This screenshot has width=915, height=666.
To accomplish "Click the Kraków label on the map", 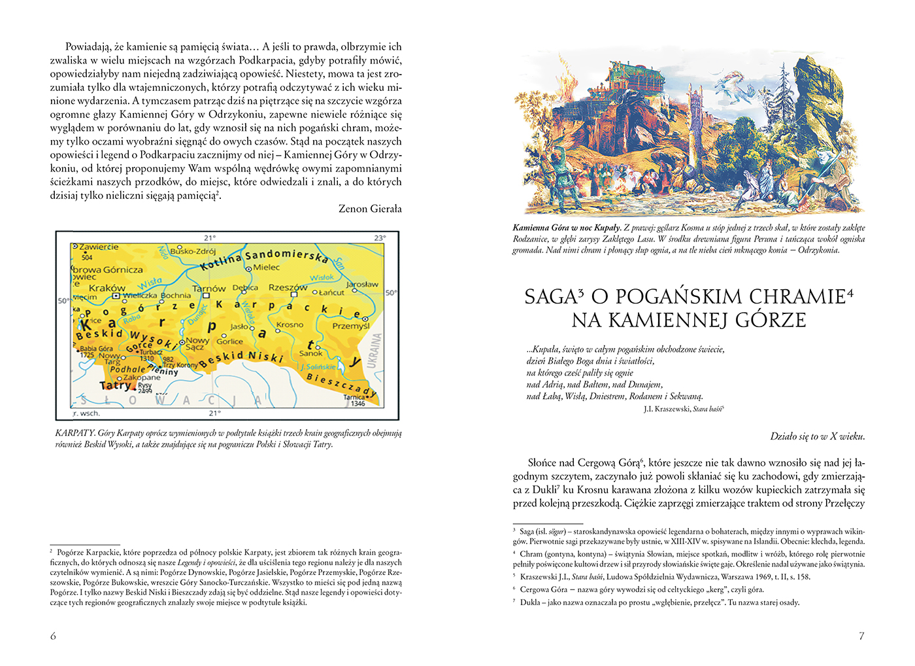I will click(107, 288).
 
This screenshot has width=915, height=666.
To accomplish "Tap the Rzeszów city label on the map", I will click(288, 287).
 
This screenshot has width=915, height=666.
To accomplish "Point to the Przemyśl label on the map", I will click(351, 325).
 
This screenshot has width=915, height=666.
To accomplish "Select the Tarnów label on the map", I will click(208, 289).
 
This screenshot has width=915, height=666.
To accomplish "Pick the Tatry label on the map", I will click(115, 386).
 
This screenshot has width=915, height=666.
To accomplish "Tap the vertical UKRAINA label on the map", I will click(376, 351).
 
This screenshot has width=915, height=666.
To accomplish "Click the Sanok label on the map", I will click(311, 353).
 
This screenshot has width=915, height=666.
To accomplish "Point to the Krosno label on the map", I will click(290, 324).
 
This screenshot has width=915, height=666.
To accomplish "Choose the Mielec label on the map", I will click(267, 267).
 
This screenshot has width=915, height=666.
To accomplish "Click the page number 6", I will click(54, 636).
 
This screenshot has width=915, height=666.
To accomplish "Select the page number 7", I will click(861, 636).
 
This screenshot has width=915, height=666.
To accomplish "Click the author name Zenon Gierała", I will click(370, 209).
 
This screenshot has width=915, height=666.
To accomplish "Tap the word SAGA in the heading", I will click(551, 297).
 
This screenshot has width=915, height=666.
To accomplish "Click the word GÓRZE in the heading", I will click(771, 321).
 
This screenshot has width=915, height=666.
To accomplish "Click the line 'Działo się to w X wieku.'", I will click(817, 436).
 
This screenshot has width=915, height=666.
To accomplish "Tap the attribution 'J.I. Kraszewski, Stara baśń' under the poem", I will click(683, 409).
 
